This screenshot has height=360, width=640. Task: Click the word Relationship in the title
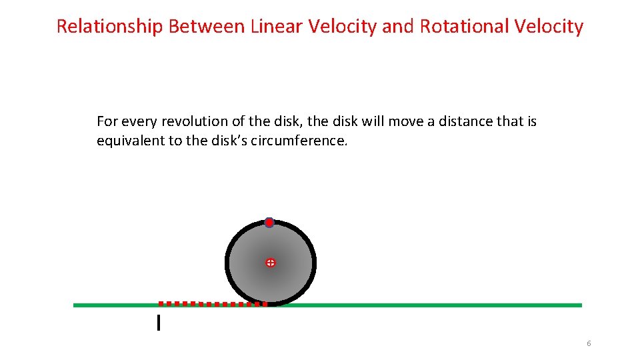click(x=110, y=27)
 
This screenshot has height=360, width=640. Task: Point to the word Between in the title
click(x=207, y=27)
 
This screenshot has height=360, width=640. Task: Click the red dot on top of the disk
click(x=269, y=223)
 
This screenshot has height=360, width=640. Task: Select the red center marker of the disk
click(x=270, y=263)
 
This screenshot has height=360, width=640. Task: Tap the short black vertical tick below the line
click(x=158, y=323)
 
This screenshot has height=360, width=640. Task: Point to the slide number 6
click(x=589, y=343)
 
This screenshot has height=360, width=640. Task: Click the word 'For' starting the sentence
click(x=106, y=121)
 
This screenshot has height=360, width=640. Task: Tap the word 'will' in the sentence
click(x=373, y=121)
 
